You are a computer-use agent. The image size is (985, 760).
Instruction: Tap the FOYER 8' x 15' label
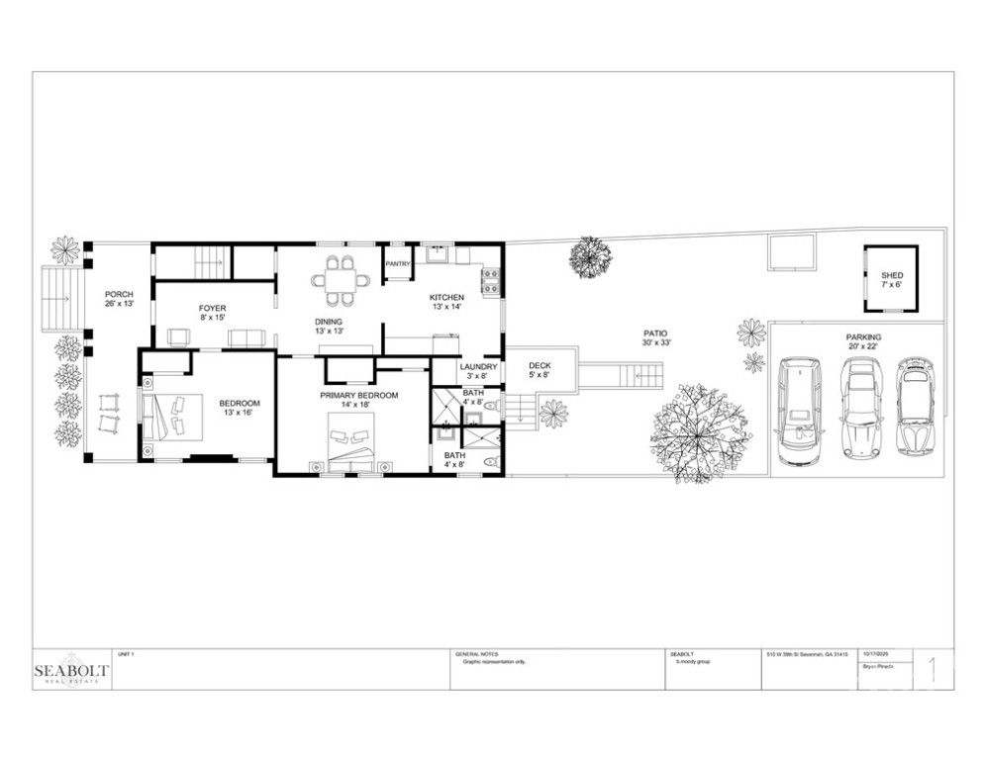point(213,313)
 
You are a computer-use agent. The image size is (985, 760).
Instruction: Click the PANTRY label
point(398,264)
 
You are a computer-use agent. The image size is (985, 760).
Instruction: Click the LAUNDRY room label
point(477,371)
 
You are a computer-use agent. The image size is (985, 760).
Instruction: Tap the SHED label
point(892,280)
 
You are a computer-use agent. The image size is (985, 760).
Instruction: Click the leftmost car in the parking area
point(800,412)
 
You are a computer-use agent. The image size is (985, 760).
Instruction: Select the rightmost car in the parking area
point(916,406)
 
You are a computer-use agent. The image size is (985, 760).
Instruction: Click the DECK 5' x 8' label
point(539,370)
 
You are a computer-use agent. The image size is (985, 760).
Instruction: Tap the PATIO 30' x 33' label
point(654,338)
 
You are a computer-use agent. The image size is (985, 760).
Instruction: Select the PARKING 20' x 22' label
point(863,342)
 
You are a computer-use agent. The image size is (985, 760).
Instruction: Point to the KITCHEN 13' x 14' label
point(445,303)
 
